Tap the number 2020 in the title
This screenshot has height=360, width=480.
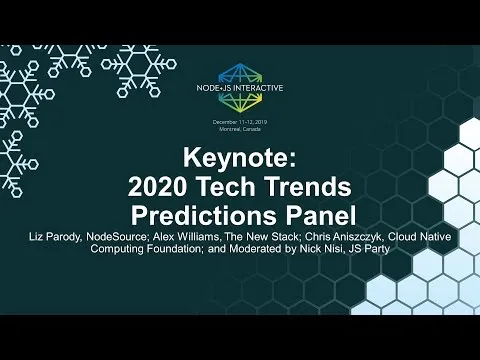[x=156, y=187]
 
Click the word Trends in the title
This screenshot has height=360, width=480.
[x=308, y=187]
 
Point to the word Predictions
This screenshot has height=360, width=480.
[x=204, y=215]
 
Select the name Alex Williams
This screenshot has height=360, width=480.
[x=186, y=237]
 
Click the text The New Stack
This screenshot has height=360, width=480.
[x=261, y=237]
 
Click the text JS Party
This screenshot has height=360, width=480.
[x=369, y=249]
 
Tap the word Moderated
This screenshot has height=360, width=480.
[x=256, y=249]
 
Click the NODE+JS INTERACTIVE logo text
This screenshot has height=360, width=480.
[x=240, y=88]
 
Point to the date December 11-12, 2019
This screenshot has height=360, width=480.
[x=240, y=122]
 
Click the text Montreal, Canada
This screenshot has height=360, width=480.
[x=240, y=129]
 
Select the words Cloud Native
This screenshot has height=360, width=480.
[x=420, y=237]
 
